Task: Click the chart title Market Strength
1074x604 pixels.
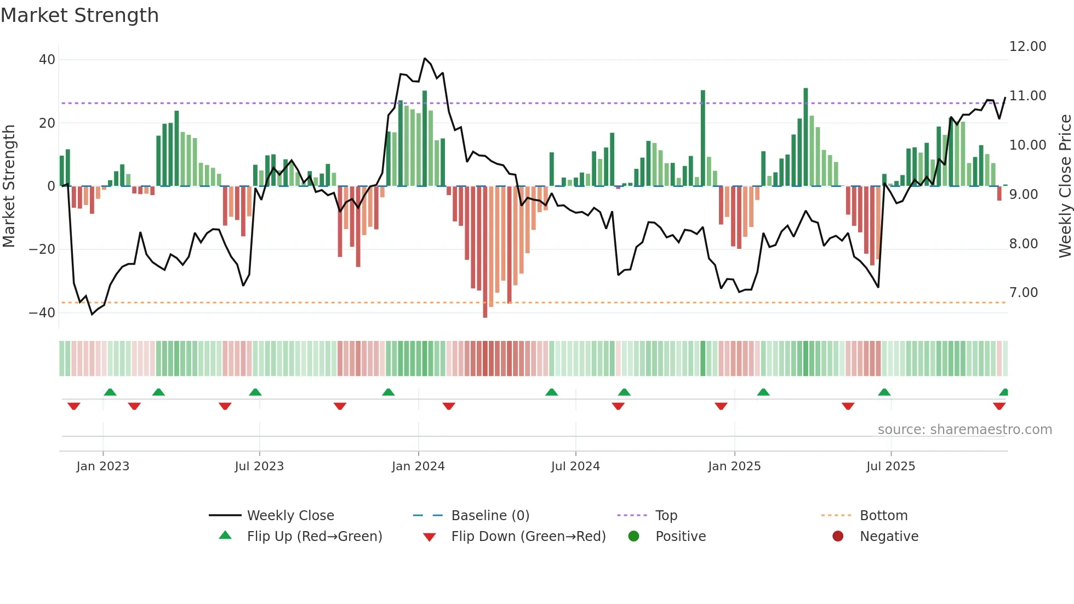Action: [79, 15]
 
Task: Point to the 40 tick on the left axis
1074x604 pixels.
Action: [47, 59]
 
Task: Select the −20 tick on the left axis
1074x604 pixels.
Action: [42, 249]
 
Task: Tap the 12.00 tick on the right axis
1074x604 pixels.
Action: [1027, 47]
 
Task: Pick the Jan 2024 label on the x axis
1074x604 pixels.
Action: [418, 466]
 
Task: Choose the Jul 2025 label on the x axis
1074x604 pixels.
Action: [890, 466]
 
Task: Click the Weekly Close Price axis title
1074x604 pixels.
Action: [1065, 186]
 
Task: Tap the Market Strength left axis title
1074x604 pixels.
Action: [9, 186]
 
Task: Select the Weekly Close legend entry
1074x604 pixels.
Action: [290, 516]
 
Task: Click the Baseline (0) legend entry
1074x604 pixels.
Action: [490, 516]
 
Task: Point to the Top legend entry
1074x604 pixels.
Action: [666, 516]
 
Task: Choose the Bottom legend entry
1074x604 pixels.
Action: [883, 516]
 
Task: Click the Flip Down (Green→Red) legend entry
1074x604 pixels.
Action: [528, 537]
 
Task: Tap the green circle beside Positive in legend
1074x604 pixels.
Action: [633, 537]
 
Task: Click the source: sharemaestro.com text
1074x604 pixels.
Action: [964, 430]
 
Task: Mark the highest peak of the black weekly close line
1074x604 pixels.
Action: [425, 58]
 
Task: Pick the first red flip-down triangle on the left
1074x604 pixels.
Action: [74, 406]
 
